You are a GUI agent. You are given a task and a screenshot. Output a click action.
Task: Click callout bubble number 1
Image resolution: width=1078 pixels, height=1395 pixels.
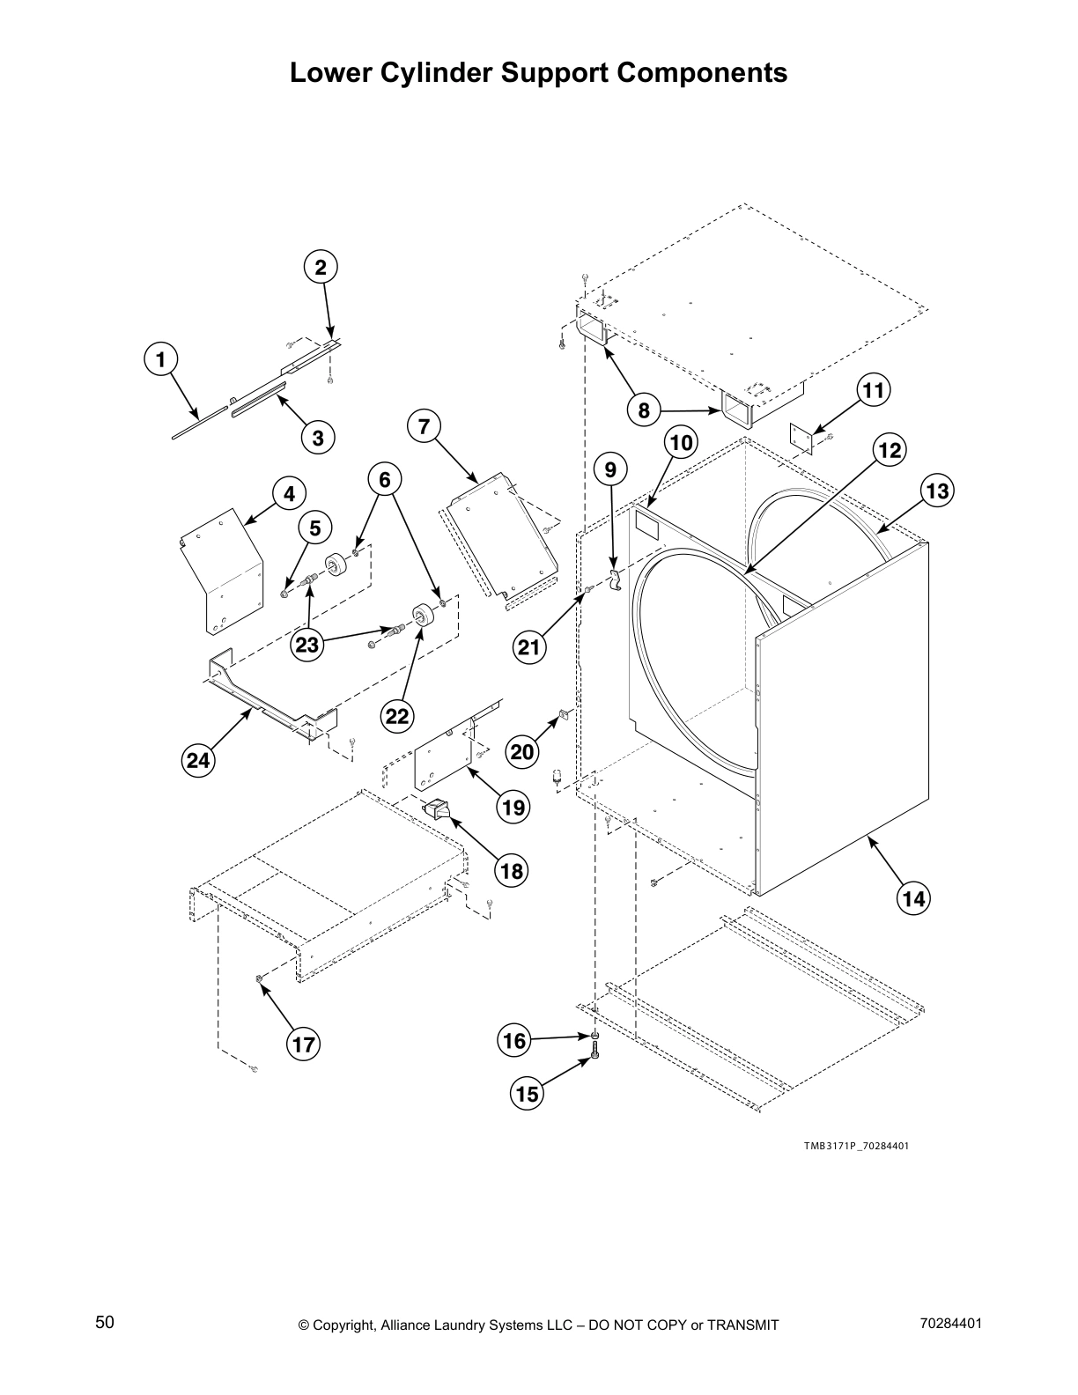point(159,359)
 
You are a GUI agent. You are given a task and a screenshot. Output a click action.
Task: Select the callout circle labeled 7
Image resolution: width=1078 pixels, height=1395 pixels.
point(425,427)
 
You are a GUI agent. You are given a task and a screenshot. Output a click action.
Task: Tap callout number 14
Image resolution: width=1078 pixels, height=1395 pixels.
point(913,899)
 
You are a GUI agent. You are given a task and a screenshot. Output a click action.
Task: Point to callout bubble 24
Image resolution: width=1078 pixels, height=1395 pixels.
point(199,759)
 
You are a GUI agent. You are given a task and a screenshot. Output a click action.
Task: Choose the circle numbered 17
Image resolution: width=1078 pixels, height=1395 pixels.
point(303,1045)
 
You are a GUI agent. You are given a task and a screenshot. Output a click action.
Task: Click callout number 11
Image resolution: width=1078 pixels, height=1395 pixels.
point(873,390)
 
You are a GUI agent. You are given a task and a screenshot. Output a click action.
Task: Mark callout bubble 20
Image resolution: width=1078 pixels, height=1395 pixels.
point(523,751)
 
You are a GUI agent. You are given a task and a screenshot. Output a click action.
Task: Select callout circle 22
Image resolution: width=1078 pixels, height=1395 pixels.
point(397,716)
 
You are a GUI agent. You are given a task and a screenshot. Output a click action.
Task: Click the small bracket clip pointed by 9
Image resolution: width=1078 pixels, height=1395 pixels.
point(615,580)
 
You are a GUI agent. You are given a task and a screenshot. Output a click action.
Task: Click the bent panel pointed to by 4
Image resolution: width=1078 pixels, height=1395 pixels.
point(222,568)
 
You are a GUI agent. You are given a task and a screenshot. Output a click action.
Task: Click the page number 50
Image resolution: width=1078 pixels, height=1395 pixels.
point(105,1322)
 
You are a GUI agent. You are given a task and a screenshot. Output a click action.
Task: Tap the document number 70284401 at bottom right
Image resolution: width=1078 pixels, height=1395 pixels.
point(949,1323)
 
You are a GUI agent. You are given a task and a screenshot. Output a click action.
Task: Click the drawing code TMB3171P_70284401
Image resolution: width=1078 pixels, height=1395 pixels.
point(855,1147)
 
